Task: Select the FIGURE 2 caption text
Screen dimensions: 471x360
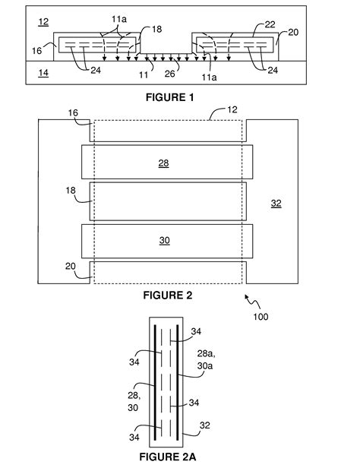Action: pos(168,295)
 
